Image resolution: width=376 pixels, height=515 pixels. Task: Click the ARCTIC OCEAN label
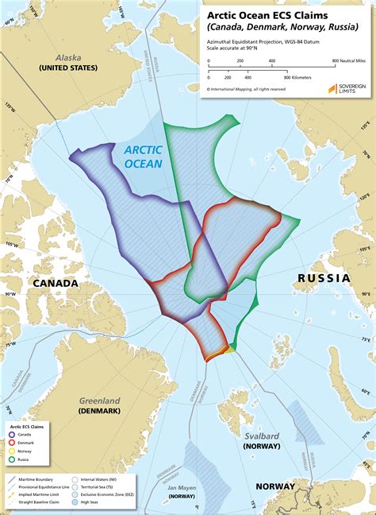[x=144, y=156]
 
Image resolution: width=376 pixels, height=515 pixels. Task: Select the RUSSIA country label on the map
[x=324, y=278]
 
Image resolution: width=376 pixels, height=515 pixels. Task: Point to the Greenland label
[x=99, y=401]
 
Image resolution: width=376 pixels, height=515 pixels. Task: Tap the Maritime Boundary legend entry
[x=32, y=478]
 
